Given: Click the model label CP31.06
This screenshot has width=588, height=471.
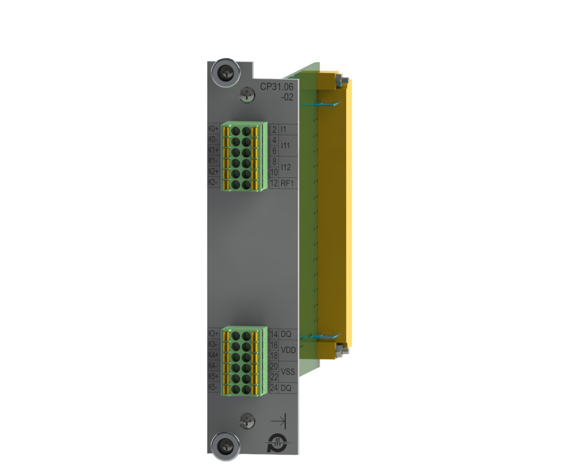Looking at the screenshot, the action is coord(277,87).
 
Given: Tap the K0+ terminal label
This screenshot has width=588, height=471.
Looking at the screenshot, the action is coord(214,129).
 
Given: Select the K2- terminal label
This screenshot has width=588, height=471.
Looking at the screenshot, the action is coord(213,182).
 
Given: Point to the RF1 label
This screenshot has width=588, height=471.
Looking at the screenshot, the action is coord(287,183).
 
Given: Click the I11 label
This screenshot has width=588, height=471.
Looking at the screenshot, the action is coord(285,146).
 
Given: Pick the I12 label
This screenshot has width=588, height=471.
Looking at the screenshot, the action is coord(286,167).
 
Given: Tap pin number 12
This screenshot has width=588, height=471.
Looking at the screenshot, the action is coord(274,183).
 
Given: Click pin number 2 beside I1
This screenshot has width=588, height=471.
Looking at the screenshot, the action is coord(274,130).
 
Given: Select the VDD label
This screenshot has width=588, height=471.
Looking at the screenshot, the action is coord(288,350).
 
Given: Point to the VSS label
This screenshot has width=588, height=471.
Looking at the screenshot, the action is coord(288,372).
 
